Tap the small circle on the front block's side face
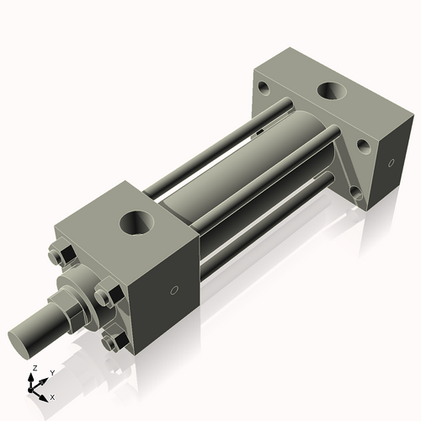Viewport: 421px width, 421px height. (174, 290)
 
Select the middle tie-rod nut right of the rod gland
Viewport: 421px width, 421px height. (104, 296)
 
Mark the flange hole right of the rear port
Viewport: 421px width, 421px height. (363, 145)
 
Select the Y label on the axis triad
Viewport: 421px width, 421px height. (51, 372)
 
